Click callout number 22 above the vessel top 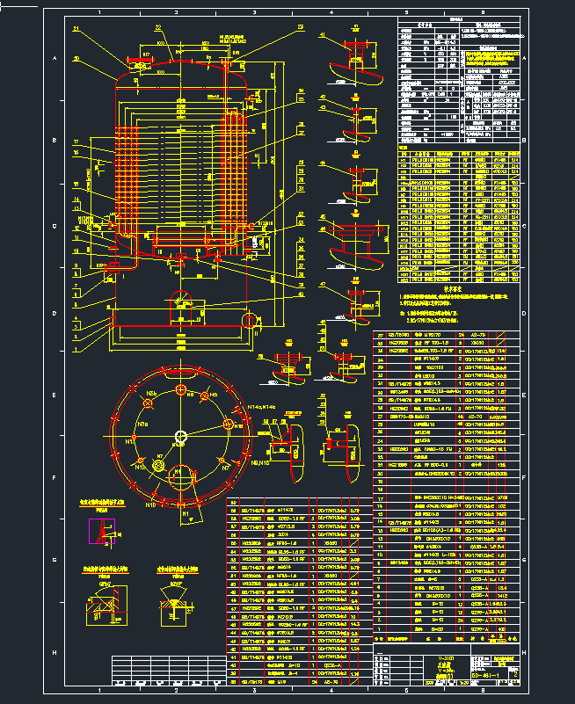coord(158,28)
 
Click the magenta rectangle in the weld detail coord(102,532)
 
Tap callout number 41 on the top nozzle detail coord(324,37)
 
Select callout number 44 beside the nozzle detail coord(323,163)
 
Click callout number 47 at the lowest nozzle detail coord(323,285)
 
